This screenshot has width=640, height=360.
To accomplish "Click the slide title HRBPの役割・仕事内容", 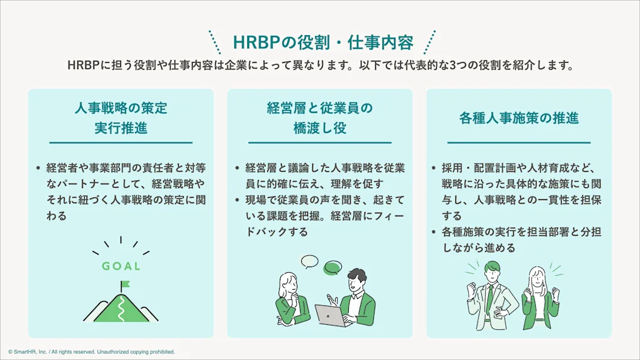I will [x=323, y=43].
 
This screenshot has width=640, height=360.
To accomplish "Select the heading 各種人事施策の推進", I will [x=518, y=118].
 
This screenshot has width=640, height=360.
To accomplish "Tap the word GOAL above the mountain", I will [x=121, y=266].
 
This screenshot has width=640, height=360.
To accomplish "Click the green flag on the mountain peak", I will [x=124, y=284].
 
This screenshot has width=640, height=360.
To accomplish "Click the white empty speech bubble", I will [x=309, y=261].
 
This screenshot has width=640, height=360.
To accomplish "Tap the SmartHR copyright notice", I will [x=92, y=352].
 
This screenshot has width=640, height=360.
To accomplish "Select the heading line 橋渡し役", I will [x=319, y=128].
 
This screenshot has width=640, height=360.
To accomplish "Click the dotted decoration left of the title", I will [x=215, y=43].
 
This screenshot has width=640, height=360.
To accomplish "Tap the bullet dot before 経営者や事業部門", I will [x=38, y=168].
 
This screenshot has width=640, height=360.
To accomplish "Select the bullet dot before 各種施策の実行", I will [x=435, y=232].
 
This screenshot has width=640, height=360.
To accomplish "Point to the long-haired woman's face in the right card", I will [x=538, y=277].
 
